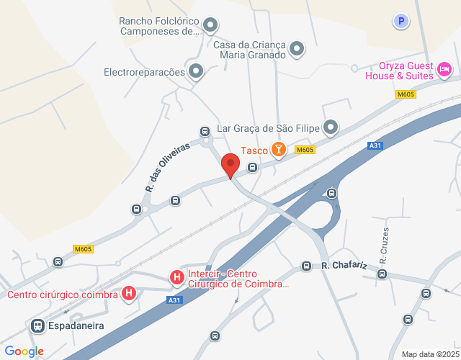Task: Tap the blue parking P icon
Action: pos(401,22)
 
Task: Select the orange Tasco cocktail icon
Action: pos(278,150)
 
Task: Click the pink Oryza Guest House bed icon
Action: pos(444,69)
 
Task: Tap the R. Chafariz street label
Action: pos(344,266)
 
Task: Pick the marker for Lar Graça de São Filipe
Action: pos(331,128)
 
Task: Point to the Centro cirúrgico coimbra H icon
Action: pos(129,294)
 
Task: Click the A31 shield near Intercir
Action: pos(174,300)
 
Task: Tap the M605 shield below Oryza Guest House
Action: pos(406,94)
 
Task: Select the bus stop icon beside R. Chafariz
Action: pos(307,266)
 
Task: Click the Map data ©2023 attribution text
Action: pos(429,354)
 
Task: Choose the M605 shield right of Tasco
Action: pos(305,150)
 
